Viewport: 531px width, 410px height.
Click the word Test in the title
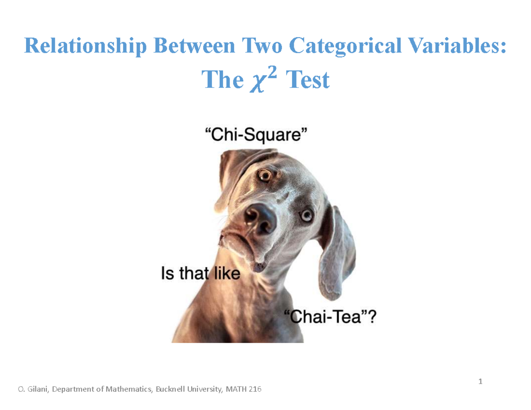click(x=308, y=80)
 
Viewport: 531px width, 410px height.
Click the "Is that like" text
click(x=200, y=274)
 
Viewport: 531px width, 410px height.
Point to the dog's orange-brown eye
click(x=265, y=176)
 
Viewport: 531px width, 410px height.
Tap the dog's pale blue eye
click(x=306, y=216)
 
